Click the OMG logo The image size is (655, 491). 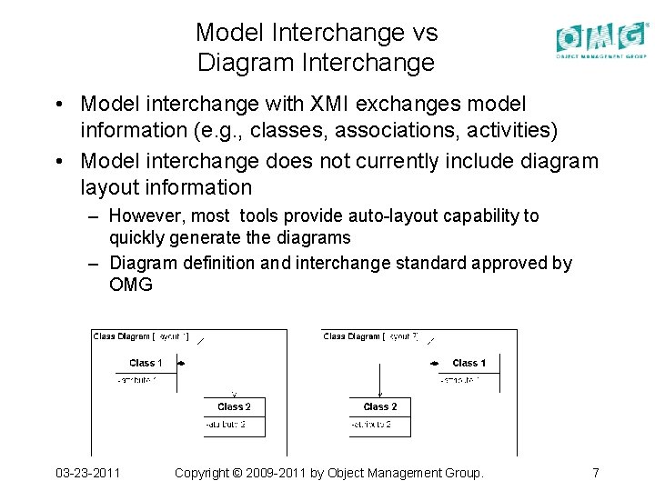pyautogui.click(x=602, y=38)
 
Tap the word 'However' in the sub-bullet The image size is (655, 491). pyautogui.click(x=146, y=216)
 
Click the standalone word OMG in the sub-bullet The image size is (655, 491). pyautogui.click(x=131, y=286)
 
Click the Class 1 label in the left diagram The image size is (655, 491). pyautogui.click(x=146, y=363)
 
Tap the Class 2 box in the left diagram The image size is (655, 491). pyautogui.click(x=234, y=416)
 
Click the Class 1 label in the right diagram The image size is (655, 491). pyautogui.click(x=469, y=363)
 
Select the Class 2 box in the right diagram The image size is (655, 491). pyautogui.click(x=379, y=416)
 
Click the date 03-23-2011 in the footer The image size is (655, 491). pyautogui.click(x=87, y=473)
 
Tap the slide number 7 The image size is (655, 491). pyautogui.click(x=595, y=473)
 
